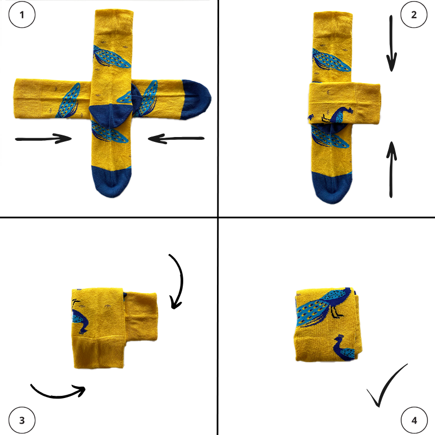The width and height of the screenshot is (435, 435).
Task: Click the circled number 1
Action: (22, 15)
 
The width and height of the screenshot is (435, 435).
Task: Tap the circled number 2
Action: (414, 15)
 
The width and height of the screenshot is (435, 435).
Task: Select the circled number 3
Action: (22, 420)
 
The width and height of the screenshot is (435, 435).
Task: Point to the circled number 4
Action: (414, 420)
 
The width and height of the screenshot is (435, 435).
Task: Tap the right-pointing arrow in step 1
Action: (43, 139)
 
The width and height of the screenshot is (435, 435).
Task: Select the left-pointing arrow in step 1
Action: (176, 139)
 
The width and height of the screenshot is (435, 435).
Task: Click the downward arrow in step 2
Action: (391, 43)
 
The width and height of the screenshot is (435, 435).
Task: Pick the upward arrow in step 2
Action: (391, 169)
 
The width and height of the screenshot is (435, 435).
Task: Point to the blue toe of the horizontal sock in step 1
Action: (196, 100)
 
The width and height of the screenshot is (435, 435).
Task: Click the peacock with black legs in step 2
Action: (337, 115)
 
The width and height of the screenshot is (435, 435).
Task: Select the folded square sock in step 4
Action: (328, 324)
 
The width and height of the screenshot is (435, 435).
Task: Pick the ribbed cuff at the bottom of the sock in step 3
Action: (98, 353)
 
